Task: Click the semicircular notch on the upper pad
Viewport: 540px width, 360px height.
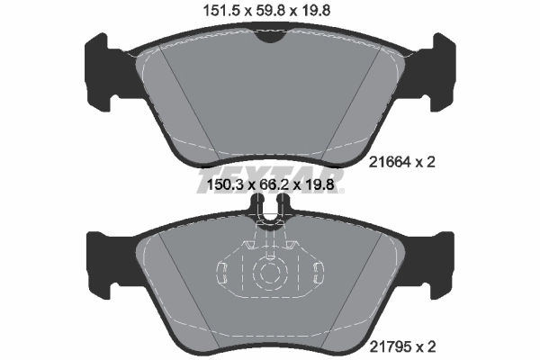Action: [269, 35]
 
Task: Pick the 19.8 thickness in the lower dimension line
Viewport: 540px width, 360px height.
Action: [326, 186]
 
